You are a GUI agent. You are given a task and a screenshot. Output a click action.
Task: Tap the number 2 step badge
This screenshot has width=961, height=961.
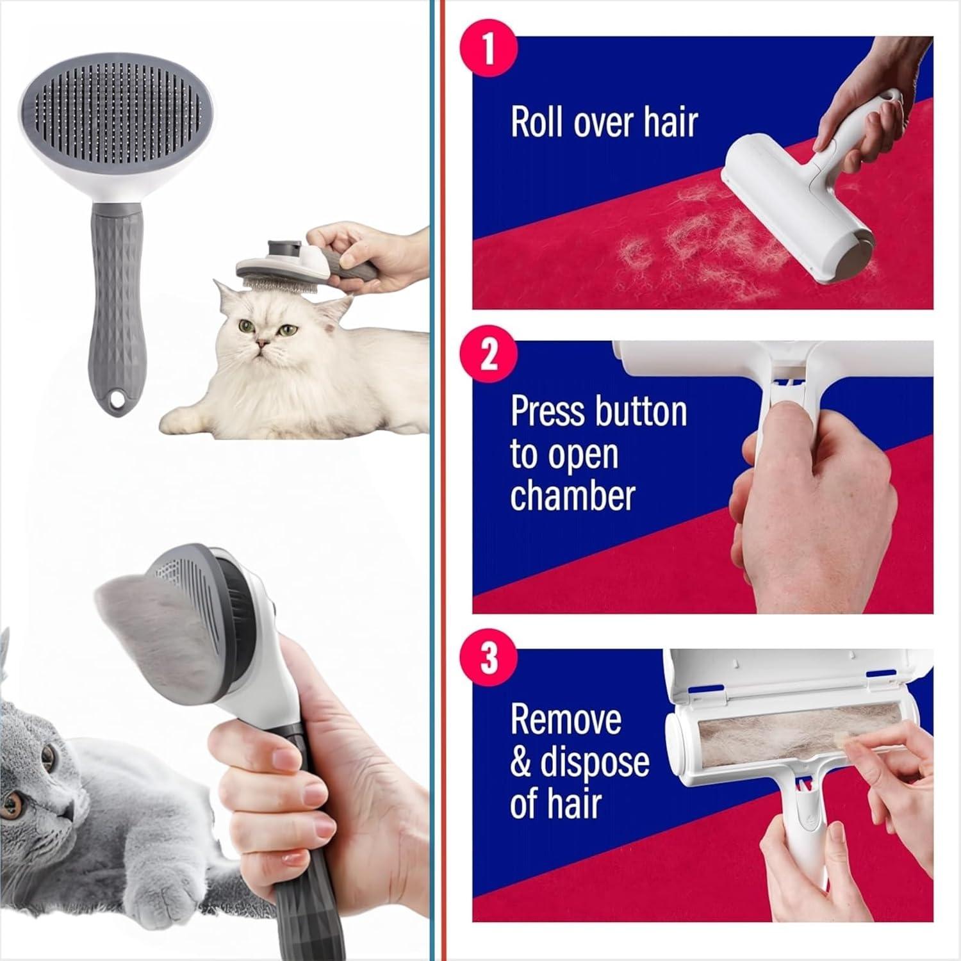(x=489, y=353)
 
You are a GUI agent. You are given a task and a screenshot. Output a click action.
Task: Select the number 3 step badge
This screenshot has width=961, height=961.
(x=489, y=658)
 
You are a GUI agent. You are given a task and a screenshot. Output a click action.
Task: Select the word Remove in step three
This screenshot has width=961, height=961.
(x=566, y=719)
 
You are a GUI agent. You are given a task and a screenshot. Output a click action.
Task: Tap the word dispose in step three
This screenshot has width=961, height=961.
(x=595, y=762)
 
